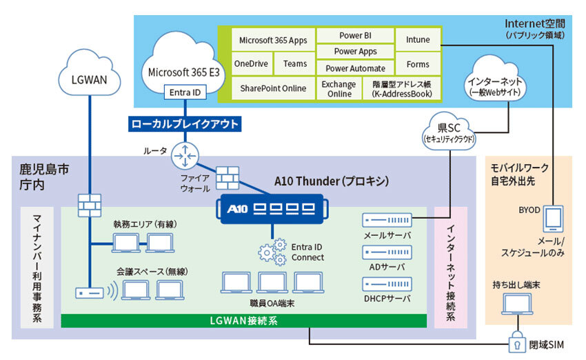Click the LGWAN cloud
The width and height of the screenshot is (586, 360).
coord(90,78)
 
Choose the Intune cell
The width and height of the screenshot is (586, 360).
coord(418,40)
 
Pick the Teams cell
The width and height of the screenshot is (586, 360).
coord(295,64)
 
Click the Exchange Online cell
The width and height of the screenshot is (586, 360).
coord(339,89)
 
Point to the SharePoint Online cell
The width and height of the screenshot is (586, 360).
coord(273,89)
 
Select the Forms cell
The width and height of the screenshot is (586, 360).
coord(418,65)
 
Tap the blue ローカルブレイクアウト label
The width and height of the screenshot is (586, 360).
coord(185,125)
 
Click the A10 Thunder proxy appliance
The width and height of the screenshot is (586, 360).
coord(272,209)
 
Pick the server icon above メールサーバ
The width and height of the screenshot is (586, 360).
coord(387,220)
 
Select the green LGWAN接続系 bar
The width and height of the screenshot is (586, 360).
coord(244,321)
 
